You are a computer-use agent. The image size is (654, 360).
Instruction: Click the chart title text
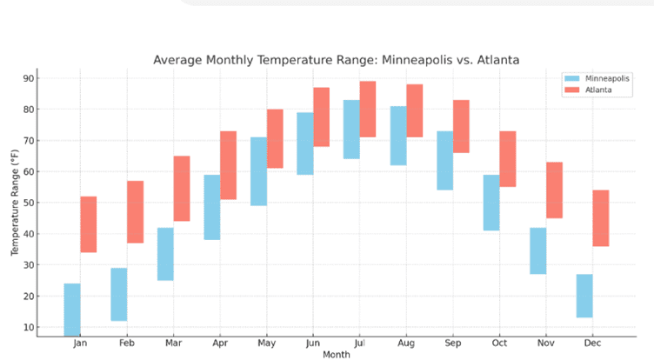click(336, 60)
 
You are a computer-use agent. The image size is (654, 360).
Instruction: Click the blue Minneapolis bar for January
click(72, 309)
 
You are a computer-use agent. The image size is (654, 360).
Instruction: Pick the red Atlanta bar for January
click(89, 224)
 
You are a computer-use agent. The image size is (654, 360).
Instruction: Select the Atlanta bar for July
click(368, 109)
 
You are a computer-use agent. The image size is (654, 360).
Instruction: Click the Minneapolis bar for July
click(351, 130)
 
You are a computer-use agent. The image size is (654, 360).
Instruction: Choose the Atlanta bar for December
click(601, 218)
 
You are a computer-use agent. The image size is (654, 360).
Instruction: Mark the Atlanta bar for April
click(228, 165)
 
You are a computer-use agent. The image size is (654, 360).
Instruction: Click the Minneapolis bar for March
click(165, 254)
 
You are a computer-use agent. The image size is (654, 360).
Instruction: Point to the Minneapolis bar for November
click(537, 251)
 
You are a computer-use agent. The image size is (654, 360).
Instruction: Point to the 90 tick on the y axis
click(28, 78)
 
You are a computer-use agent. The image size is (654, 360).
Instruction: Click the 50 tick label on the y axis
click(28, 203)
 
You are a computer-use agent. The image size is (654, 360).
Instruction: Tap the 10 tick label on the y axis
click(28, 327)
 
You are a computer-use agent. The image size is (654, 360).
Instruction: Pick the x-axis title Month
click(336, 355)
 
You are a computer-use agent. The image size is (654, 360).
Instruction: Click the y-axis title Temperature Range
click(14, 203)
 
